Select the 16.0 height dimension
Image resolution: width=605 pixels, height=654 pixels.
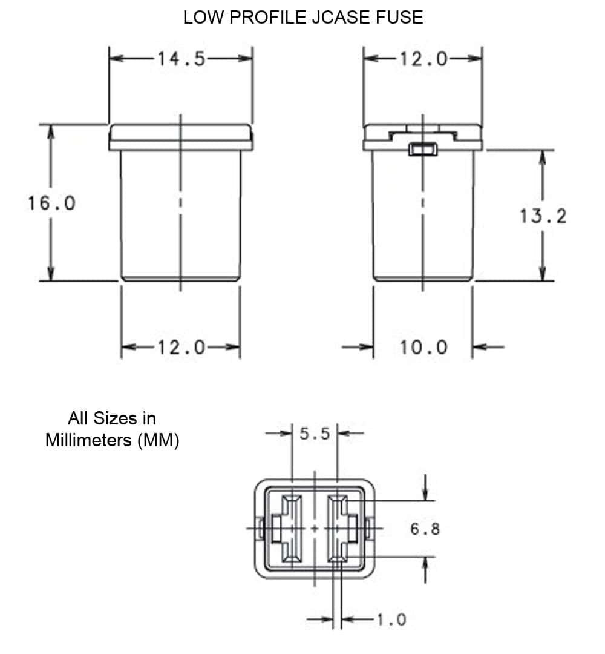[x=51, y=203]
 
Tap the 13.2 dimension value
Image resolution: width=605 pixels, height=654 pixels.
[x=543, y=216]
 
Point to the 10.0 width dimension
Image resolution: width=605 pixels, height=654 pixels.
[x=423, y=347]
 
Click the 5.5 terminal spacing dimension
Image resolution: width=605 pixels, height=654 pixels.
[x=314, y=434]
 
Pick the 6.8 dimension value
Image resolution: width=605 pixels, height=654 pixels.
[x=425, y=529]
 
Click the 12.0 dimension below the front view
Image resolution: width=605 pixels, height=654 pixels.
[x=181, y=347]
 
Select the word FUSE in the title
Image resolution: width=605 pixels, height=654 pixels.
[x=401, y=18]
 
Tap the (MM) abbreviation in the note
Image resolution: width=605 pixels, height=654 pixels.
[x=159, y=440]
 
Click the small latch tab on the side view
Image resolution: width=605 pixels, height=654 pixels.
[x=423, y=149]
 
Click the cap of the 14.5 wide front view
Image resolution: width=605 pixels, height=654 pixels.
[x=181, y=137]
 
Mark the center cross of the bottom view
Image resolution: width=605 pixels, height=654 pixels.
[x=314, y=529]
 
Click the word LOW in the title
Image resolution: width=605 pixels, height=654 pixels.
[x=203, y=18]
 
